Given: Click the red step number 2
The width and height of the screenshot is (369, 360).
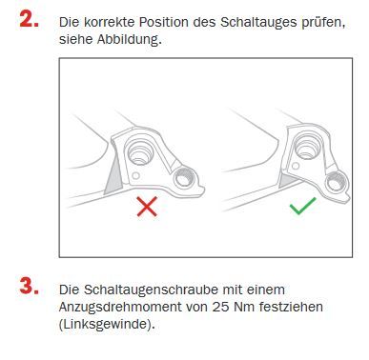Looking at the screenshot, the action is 29,19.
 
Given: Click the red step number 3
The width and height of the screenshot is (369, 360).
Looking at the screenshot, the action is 29,286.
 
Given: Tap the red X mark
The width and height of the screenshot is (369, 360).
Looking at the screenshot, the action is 147,207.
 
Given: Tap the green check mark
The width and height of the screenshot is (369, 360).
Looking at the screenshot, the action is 303,206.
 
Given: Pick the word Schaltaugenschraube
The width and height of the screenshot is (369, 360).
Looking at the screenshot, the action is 151,290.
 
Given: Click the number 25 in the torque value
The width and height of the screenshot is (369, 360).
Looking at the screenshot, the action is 220,308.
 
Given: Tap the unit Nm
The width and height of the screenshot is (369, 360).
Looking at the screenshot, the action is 244,308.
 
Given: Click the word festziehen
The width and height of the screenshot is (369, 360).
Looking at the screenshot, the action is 291,307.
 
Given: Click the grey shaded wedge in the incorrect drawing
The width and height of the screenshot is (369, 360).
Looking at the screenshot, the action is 113,175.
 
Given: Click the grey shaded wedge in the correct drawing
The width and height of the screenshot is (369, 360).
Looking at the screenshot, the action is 289,182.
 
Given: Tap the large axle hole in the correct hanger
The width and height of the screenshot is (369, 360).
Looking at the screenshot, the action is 307,146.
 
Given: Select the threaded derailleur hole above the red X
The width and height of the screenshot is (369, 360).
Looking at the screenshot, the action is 184,178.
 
